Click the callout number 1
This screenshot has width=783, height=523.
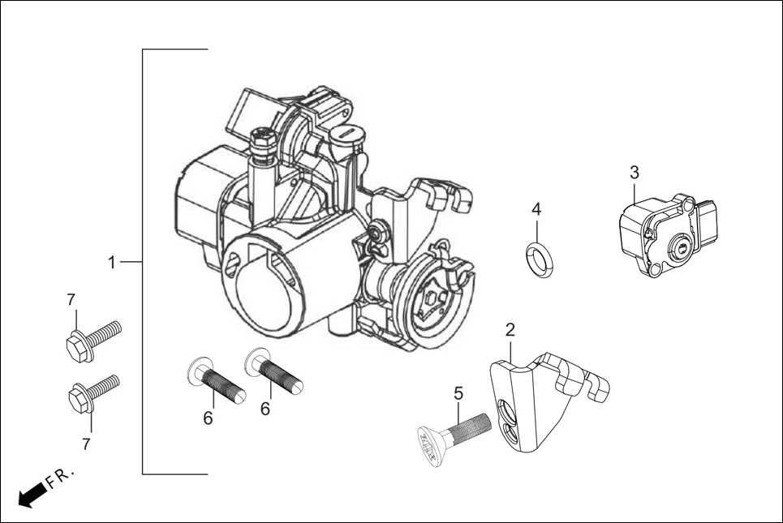click(x=113, y=262)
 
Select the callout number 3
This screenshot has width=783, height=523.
click(x=635, y=172)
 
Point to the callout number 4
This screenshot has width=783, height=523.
click(x=536, y=209)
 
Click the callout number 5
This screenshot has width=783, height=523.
click(x=458, y=393)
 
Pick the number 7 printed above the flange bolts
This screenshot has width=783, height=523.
click(x=71, y=301)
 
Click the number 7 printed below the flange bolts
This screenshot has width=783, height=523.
click(x=87, y=444)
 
